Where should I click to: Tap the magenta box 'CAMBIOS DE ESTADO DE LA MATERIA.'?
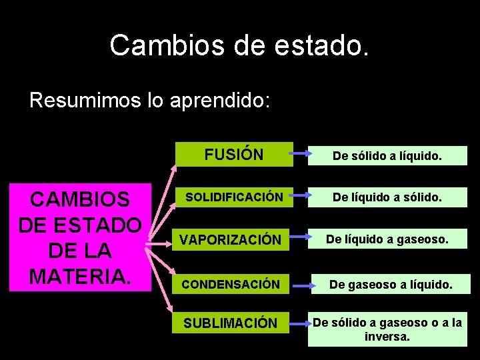click(80, 238)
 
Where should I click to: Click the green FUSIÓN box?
click(234, 155)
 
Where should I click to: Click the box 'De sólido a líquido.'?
click(387, 156)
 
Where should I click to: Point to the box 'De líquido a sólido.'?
click(387, 197)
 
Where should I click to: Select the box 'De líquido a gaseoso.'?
click(387, 239)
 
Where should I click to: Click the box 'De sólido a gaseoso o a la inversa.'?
click(387, 329)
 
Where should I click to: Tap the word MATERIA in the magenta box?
click(80, 275)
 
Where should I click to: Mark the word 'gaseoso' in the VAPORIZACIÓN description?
click(419, 239)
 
